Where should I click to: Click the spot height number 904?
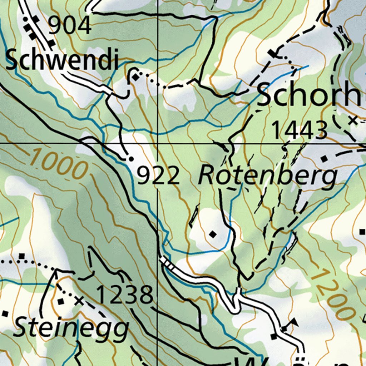pyautogui.click(x=70, y=26)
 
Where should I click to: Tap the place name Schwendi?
pyautogui.click(x=61, y=60)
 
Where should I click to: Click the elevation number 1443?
pyautogui.click(x=300, y=130)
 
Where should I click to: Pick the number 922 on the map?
pyautogui.click(x=158, y=176)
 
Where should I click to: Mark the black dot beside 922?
pyautogui.click(x=131, y=158)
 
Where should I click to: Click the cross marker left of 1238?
pyautogui.click(x=79, y=301)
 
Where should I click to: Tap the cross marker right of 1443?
pyautogui.click(x=353, y=120)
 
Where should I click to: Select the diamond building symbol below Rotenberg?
pyautogui.click(x=213, y=234)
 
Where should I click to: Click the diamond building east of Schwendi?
pyautogui.click(x=135, y=77)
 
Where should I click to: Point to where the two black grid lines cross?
pyautogui.click(x=158, y=143)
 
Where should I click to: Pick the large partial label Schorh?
pyautogui.click(x=310, y=95)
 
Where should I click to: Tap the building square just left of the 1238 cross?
pyautogui.click(x=61, y=301)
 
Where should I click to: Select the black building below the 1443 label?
pyautogui.click(x=324, y=159)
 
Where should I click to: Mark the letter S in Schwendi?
pyautogui.click(x=13, y=60)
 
